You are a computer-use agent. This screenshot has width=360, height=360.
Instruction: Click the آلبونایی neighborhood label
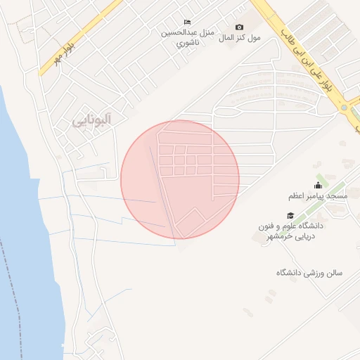92,120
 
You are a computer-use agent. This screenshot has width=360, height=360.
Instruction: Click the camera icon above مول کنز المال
240,27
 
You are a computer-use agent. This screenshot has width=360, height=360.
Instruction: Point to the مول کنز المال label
240,37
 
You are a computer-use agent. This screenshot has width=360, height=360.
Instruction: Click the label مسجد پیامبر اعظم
317,196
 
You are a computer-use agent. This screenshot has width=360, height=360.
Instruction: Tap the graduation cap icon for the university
290,215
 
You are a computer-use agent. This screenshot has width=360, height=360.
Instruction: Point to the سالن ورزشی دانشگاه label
309,272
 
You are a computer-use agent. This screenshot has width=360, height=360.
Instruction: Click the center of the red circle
180,179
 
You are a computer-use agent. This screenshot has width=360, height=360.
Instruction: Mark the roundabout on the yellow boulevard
345,108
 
